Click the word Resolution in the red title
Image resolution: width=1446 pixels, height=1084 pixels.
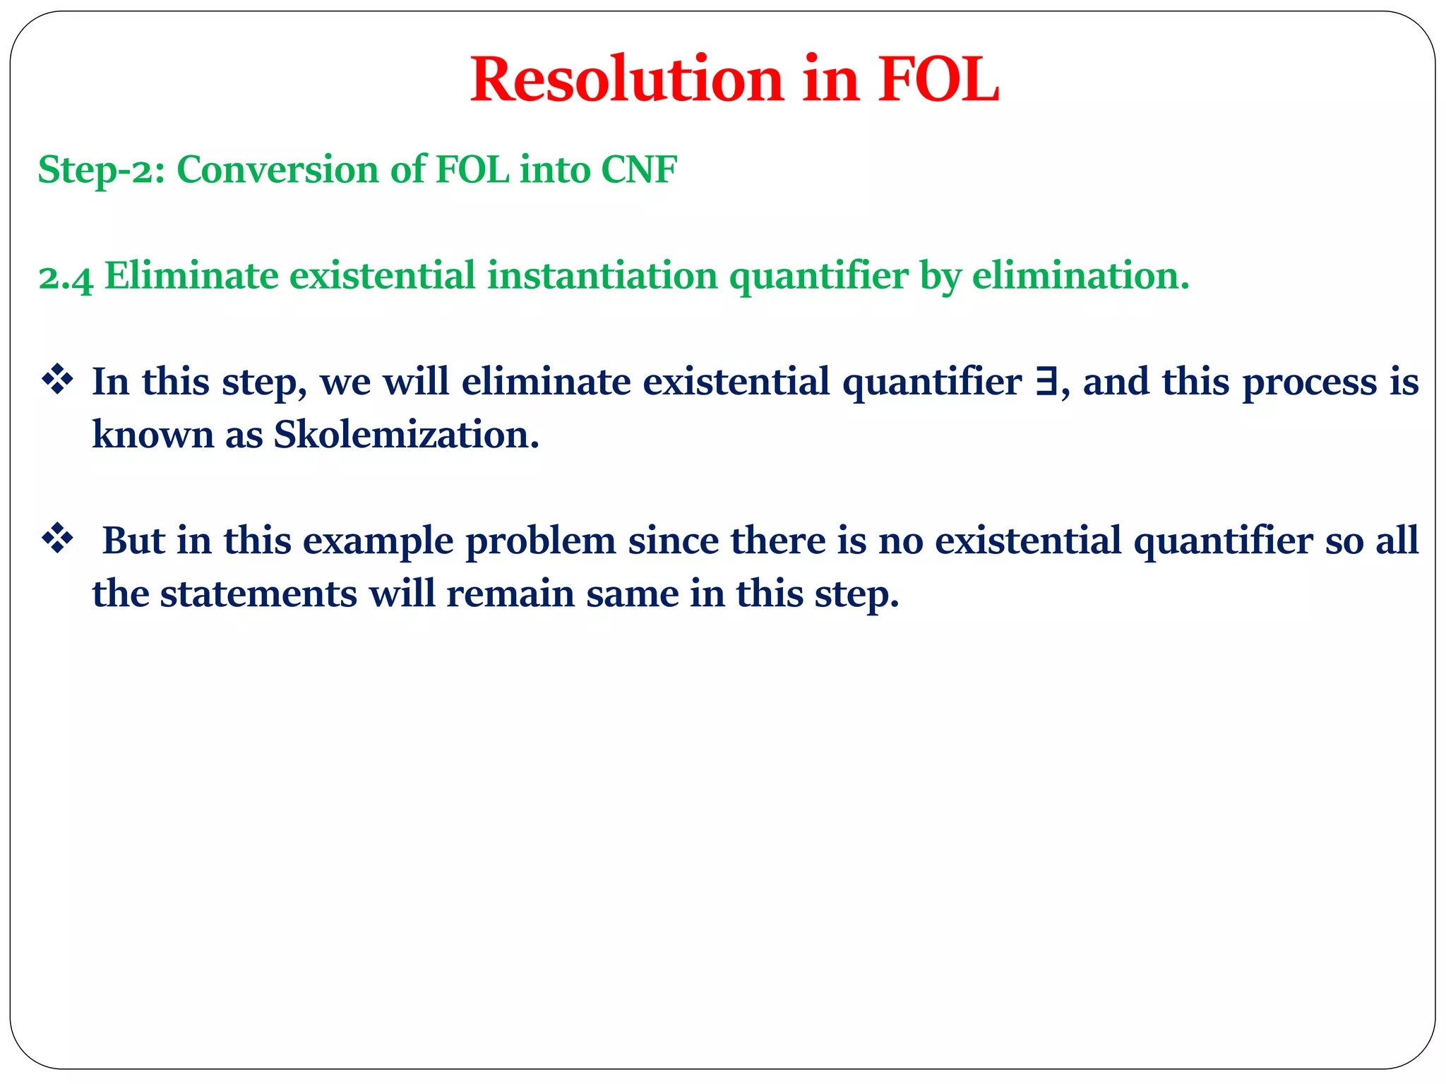[x=627, y=80]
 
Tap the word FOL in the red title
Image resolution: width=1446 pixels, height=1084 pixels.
[x=938, y=80]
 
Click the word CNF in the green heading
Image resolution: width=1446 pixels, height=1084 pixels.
[x=639, y=170]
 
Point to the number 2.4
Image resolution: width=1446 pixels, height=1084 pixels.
[x=66, y=277]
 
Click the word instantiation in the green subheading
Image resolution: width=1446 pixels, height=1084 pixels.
[x=602, y=275]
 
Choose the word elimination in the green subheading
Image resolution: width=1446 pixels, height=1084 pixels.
[x=1080, y=275]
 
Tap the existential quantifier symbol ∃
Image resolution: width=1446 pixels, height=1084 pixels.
[x=1046, y=382]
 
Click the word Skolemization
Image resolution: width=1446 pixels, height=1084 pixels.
[x=406, y=434]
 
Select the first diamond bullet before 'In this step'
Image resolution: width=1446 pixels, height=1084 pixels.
[x=57, y=381]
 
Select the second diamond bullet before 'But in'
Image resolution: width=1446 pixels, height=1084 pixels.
[x=57, y=540]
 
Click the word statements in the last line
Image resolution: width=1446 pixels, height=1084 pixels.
[x=258, y=594]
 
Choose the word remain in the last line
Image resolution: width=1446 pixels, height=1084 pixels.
[x=510, y=594]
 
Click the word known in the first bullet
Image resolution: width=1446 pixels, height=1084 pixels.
[x=153, y=434]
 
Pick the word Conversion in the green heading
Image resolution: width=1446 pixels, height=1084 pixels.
[x=277, y=170]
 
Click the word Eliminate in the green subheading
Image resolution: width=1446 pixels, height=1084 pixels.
[x=191, y=275]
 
